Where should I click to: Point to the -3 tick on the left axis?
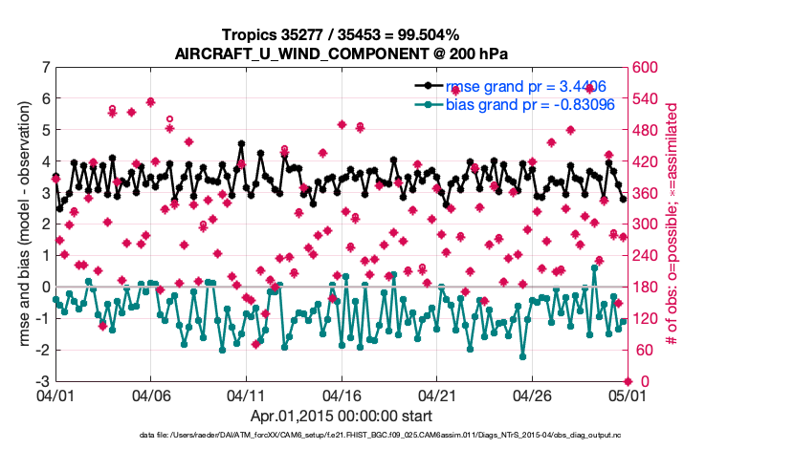(44, 381)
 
